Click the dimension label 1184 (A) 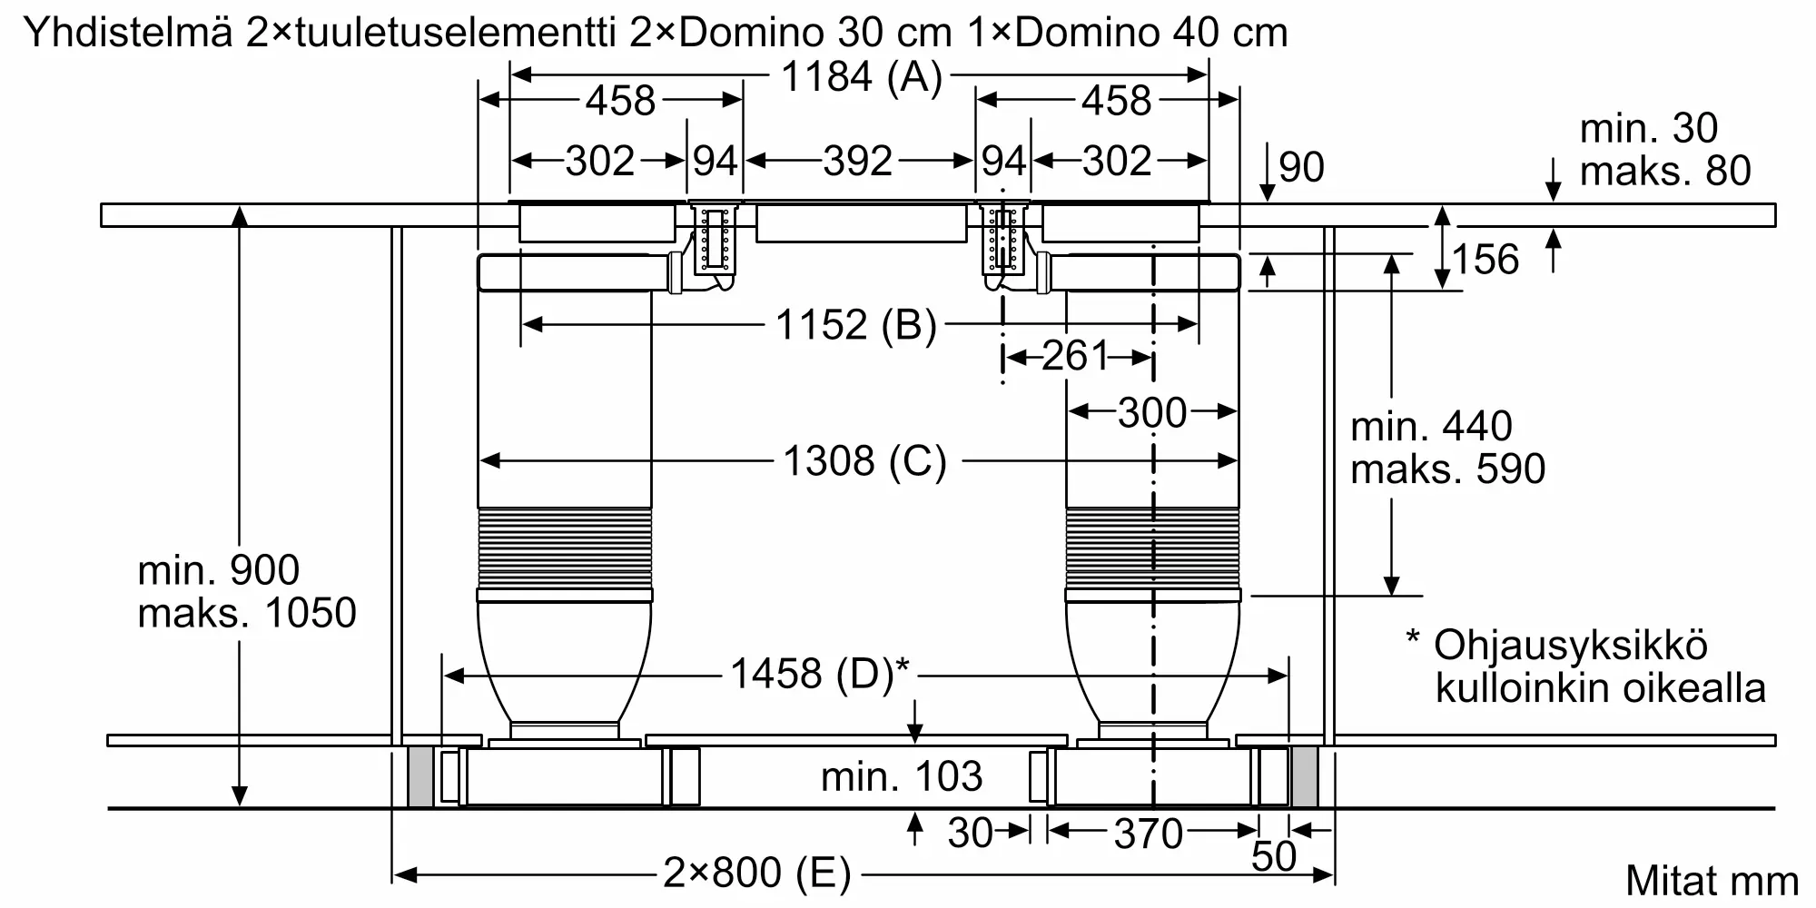[861, 78]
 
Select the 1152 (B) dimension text [855, 325]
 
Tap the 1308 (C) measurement [864, 461]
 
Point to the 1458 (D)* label [820, 674]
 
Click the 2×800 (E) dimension [757, 873]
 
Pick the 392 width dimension [858, 162]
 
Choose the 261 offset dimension [1076, 356]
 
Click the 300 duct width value [1152, 413]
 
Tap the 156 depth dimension [1485, 260]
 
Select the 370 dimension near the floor [1149, 834]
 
